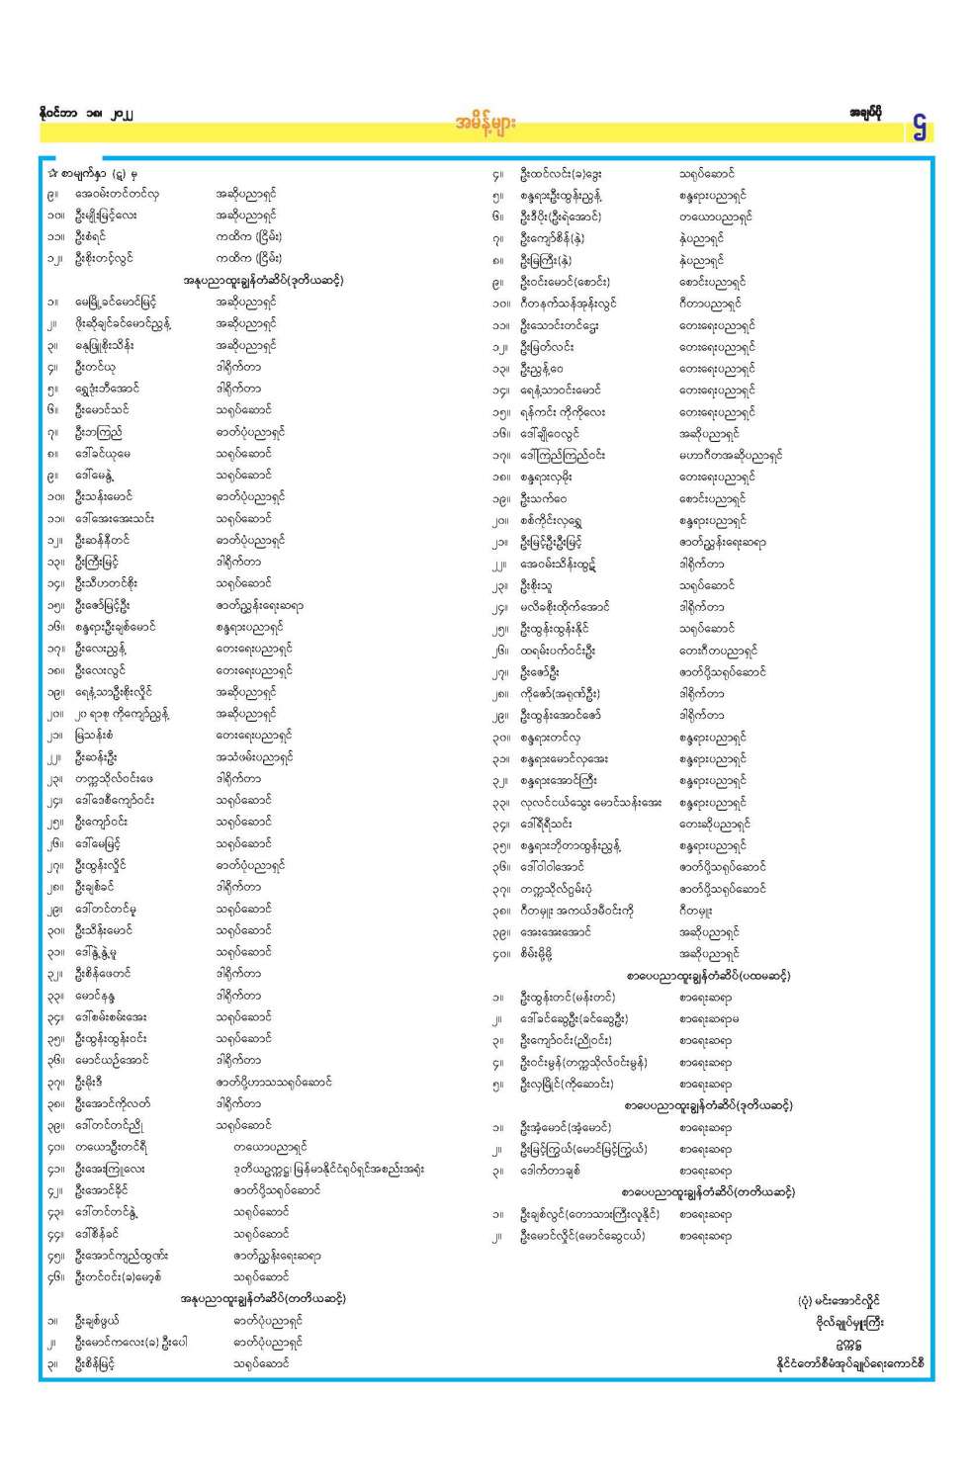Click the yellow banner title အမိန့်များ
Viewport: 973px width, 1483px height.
coord(486,124)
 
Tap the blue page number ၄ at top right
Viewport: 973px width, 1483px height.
coord(921,127)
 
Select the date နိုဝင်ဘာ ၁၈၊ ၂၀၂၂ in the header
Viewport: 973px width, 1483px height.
coord(83,114)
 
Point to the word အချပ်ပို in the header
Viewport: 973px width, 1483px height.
coord(866,113)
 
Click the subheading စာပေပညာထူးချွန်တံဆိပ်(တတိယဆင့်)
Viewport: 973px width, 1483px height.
coord(708,1192)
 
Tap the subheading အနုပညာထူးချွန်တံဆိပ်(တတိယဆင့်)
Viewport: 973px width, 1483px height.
coord(263,1298)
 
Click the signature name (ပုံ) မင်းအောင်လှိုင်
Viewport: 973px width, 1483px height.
coord(839,1301)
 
